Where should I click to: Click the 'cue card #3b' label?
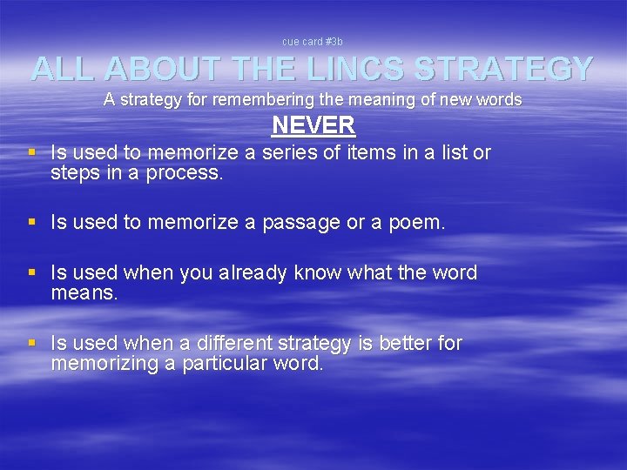tap(313, 41)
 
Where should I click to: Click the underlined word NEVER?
tap(313, 125)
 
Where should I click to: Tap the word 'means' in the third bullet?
tap(84, 293)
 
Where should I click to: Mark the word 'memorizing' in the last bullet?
tap(104, 364)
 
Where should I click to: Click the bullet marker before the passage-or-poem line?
tap(32, 223)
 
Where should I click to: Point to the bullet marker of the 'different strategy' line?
tap(32, 344)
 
